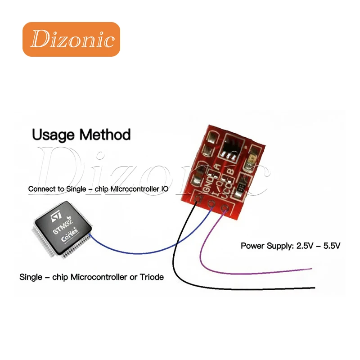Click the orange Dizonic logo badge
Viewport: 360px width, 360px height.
[x=71, y=39]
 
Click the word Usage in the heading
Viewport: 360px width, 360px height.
[x=54, y=135]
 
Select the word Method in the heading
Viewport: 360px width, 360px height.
[x=105, y=134]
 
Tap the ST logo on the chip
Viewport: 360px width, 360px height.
[x=56, y=217]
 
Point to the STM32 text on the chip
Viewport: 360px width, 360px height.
[x=63, y=227]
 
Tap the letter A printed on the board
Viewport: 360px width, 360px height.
[x=217, y=166]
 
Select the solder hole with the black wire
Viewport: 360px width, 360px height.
[x=197, y=199]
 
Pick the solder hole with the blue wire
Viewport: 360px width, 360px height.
[x=211, y=203]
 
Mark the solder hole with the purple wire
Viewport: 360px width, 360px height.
[x=224, y=208]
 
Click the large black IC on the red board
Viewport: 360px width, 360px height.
[x=232, y=148]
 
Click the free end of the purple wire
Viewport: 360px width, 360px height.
[x=311, y=268]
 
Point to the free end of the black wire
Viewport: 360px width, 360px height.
[x=314, y=288]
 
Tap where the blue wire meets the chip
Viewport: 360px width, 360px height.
[x=90, y=234]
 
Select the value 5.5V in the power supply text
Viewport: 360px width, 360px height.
[x=332, y=246]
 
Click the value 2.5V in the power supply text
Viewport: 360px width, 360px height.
[x=305, y=246]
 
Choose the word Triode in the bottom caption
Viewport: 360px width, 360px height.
[x=152, y=277]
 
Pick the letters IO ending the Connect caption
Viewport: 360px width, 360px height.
[x=165, y=189]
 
